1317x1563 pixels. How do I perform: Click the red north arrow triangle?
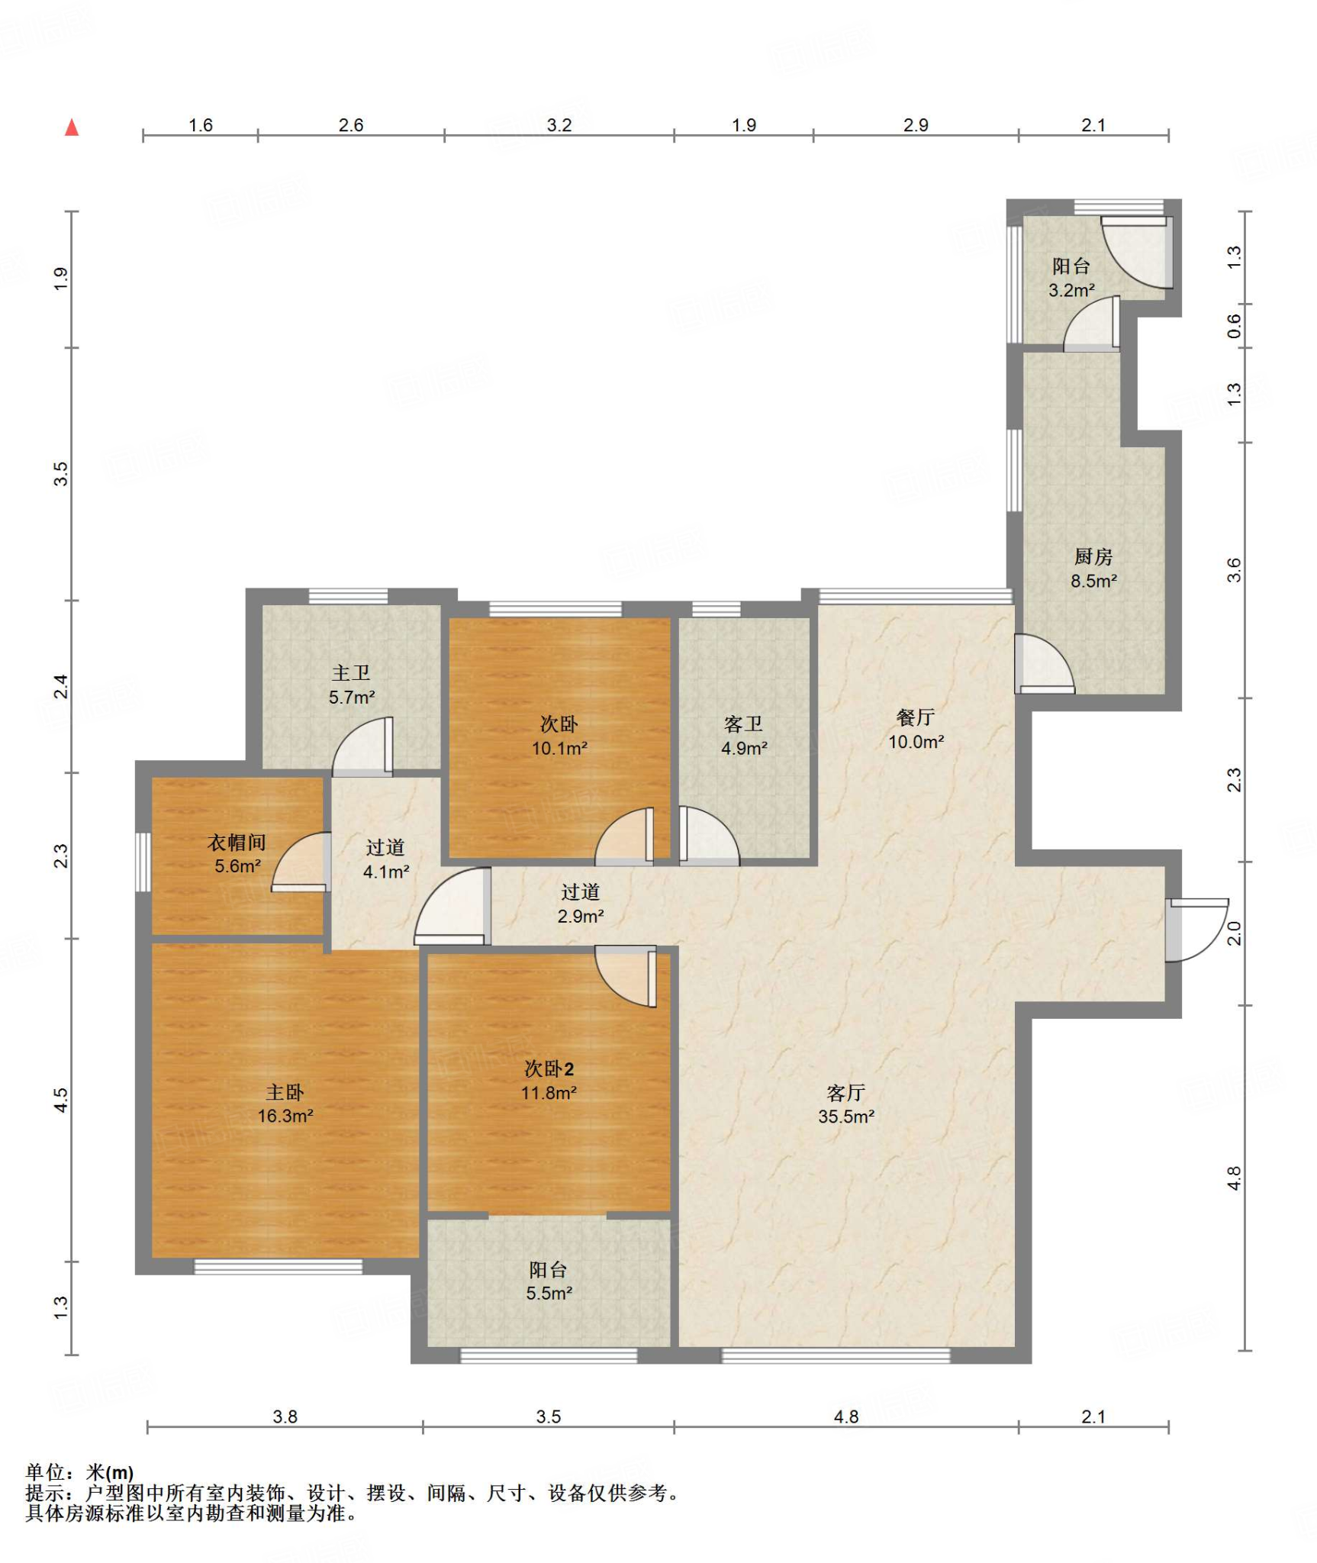(72, 127)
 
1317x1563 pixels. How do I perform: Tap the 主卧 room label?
(285, 1092)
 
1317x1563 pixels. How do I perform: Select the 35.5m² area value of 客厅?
(846, 1117)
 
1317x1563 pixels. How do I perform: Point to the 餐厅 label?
(916, 717)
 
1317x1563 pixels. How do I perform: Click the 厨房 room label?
(1093, 556)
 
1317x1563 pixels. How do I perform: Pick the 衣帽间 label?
(237, 842)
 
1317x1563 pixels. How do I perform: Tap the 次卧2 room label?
(549, 1068)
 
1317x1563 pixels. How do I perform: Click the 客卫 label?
(744, 723)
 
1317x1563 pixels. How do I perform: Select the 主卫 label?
(351, 672)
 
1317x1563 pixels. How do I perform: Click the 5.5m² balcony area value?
(549, 1293)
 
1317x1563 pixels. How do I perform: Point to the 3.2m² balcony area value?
(1071, 290)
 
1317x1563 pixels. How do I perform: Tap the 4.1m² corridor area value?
(386, 872)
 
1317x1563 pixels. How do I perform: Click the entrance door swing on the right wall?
(1196, 930)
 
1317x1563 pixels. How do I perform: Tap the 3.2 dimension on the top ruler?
(559, 125)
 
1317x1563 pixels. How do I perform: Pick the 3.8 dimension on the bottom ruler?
(285, 1416)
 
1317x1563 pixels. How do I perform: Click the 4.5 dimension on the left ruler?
(61, 1100)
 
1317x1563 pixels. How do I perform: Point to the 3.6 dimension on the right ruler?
(1234, 570)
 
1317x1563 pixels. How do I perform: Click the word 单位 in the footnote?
(45, 1472)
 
